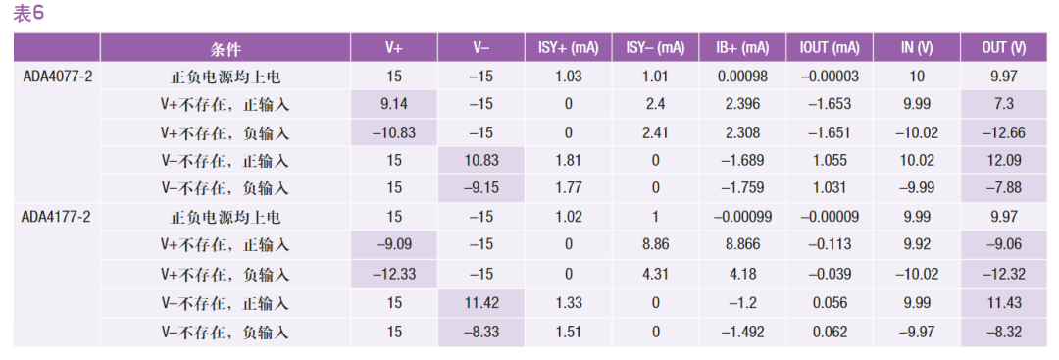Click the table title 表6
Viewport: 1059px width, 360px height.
[28, 14]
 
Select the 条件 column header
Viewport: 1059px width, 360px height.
[225, 49]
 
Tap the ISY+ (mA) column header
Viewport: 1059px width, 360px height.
[568, 49]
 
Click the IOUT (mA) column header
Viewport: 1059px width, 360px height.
[830, 49]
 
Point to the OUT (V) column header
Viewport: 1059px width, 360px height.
[1004, 49]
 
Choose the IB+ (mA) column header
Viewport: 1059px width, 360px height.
[742, 49]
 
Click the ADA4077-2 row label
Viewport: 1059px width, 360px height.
[57, 77]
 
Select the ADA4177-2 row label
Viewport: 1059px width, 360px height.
[57, 218]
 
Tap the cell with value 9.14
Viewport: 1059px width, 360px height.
[394, 105]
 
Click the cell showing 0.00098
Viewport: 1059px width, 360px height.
[742, 77]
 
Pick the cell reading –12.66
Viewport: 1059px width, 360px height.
[1004, 133]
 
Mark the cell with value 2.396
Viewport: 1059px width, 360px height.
[742, 105]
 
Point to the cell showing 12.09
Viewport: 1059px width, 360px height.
[1004, 161]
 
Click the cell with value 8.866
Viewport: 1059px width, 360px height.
[742, 246]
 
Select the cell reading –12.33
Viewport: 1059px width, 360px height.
[394, 275]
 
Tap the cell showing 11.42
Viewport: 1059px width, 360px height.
[481, 302]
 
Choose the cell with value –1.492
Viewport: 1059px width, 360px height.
[742, 331]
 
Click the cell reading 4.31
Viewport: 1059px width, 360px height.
[655, 275]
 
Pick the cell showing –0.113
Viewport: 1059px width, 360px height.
[830, 246]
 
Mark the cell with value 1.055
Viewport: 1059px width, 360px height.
[830, 161]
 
